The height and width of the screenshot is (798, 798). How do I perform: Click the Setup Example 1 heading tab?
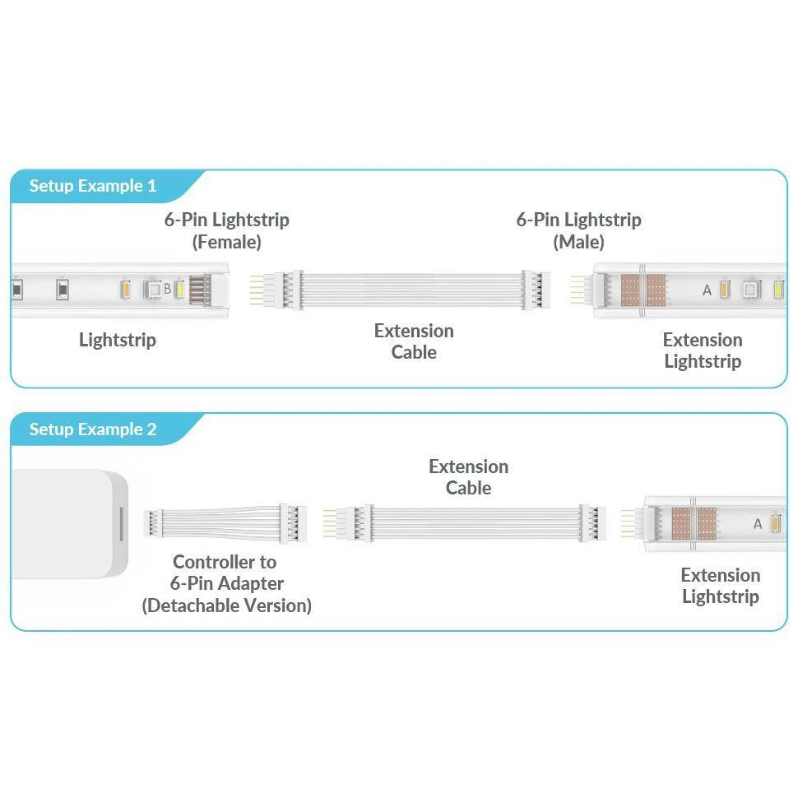click(x=93, y=186)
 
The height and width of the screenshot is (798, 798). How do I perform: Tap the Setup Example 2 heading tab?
click(x=93, y=429)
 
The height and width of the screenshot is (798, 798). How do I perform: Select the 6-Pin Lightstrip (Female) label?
click(x=226, y=230)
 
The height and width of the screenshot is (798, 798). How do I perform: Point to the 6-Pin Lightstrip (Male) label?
click(x=578, y=230)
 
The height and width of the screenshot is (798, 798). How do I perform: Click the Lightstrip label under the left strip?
click(x=117, y=340)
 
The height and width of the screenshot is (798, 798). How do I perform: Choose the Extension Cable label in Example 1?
click(x=413, y=341)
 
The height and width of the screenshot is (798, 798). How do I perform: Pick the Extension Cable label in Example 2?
click(x=468, y=477)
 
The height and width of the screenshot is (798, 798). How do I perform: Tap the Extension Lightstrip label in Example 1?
click(x=702, y=350)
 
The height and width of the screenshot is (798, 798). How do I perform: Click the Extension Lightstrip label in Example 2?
click(x=720, y=586)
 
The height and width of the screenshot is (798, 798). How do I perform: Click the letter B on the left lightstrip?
click(x=167, y=289)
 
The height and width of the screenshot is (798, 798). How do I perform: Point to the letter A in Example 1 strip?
click(x=707, y=290)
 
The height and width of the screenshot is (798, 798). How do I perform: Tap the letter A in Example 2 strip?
click(x=758, y=524)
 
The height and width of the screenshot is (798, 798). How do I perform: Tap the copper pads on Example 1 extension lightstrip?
click(x=644, y=290)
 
